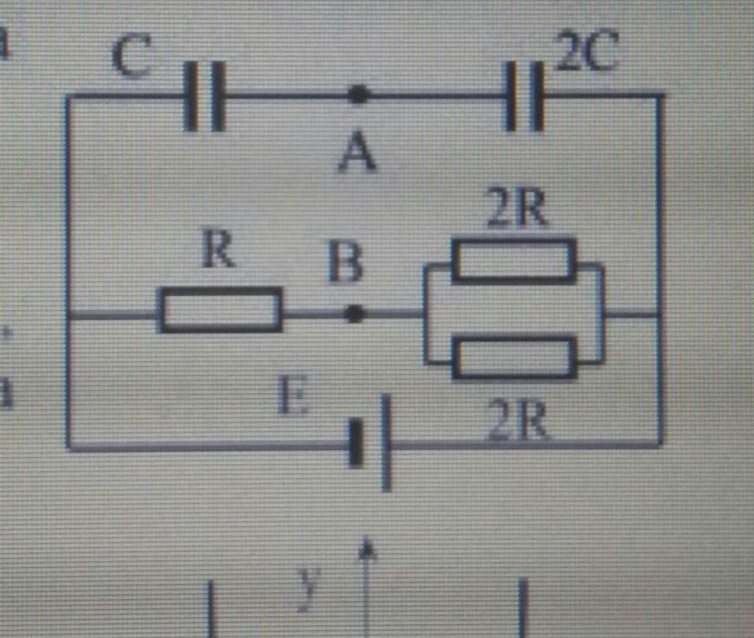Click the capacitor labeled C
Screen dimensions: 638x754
tap(205, 95)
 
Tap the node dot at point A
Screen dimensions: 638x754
tap(357, 95)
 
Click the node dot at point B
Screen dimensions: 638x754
tap(353, 313)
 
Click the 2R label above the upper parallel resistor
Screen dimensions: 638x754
tap(516, 210)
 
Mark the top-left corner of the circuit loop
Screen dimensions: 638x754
tap(68, 98)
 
